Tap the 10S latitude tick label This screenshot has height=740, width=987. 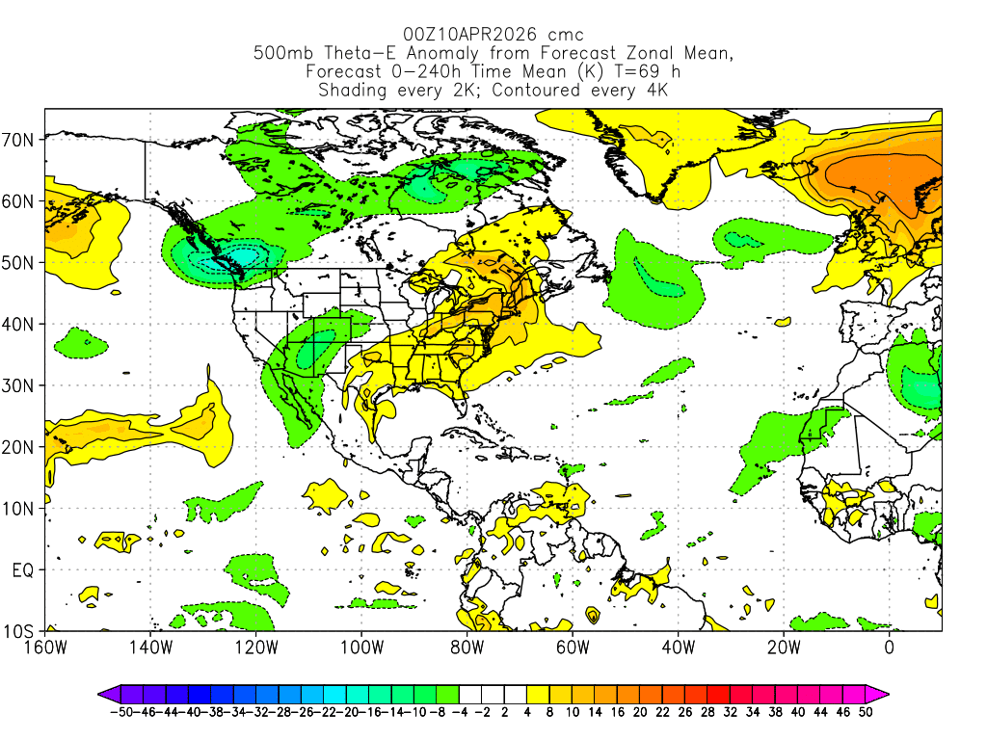(21, 631)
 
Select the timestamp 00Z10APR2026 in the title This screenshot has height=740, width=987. (467, 35)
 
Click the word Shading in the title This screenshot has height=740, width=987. (353, 91)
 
